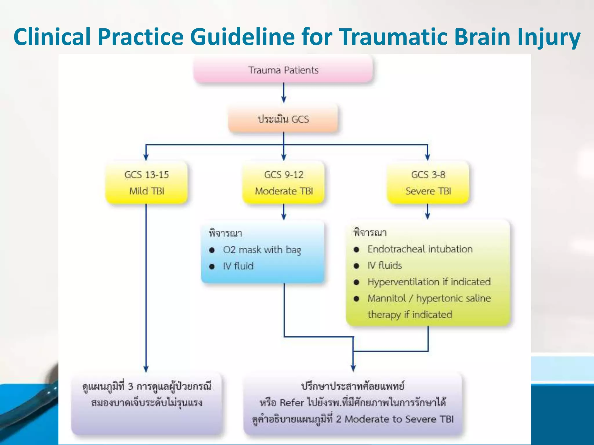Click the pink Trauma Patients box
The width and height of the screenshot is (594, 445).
283,70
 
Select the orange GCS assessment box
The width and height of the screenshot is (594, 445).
283,119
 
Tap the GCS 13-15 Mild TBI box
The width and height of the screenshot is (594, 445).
146,183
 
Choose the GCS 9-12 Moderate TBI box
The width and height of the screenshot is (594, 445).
284,183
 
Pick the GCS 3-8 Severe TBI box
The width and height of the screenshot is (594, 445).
428,183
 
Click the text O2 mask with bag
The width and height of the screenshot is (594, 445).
262,250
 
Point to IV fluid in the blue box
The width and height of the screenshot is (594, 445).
238,266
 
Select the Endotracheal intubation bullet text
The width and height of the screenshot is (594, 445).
420,249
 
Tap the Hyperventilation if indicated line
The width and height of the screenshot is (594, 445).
429,282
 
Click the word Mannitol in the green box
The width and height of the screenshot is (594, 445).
386,298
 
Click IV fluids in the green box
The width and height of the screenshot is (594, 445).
385,265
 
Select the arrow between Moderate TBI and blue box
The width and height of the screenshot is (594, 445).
284,212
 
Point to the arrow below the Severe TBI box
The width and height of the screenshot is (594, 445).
428,211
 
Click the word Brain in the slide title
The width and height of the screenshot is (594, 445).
481,37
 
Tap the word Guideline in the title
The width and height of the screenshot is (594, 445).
242,37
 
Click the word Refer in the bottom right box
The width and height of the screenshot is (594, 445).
291,403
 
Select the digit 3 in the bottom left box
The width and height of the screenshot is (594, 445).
131,386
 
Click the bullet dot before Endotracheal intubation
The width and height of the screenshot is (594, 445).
356,249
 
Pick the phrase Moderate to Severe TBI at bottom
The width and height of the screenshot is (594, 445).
399,419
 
